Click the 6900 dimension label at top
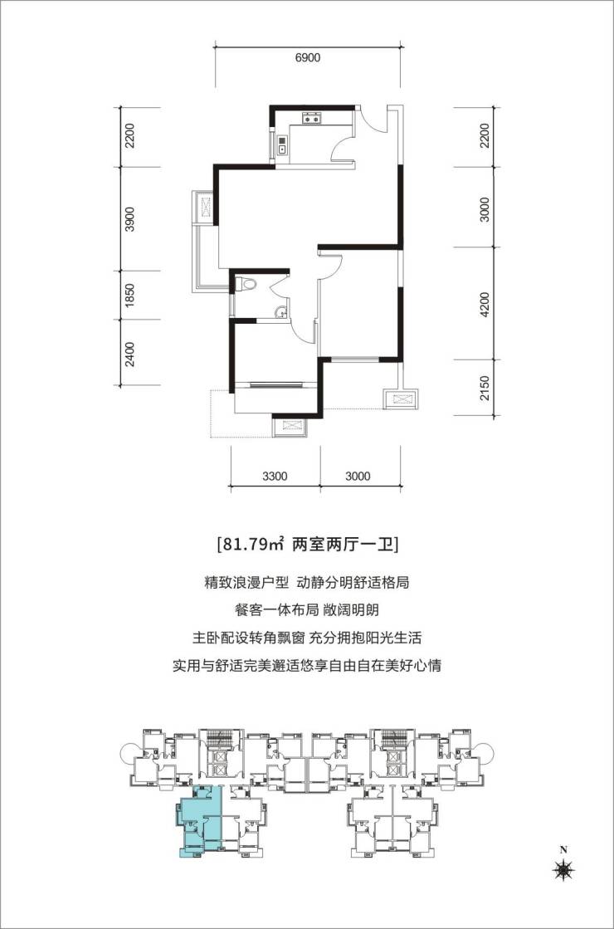(x=307, y=58)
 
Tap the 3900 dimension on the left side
(x=130, y=219)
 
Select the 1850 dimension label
(x=130, y=295)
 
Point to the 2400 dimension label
(x=130, y=354)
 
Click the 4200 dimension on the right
(x=485, y=305)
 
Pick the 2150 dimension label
(x=485, y=388)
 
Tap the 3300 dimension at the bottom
(x=275, y=477)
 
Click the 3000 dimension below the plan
(x=358, y=477)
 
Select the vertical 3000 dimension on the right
(x=485, y=209)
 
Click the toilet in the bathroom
(x=246, y=285)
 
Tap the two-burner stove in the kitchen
(x=311, y=120)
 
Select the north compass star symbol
(x=563, y=870)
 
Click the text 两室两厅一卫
(x=344, y=544)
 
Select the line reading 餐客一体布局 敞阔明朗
(x=307, y=610)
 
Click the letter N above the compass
(x=563, y=850)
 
